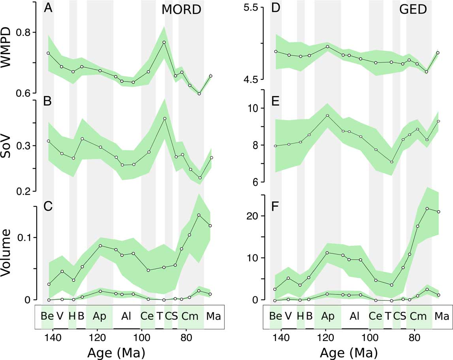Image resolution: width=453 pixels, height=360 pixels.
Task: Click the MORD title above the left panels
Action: [182, 11]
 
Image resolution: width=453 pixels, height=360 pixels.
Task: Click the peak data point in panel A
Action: [164, 42]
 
